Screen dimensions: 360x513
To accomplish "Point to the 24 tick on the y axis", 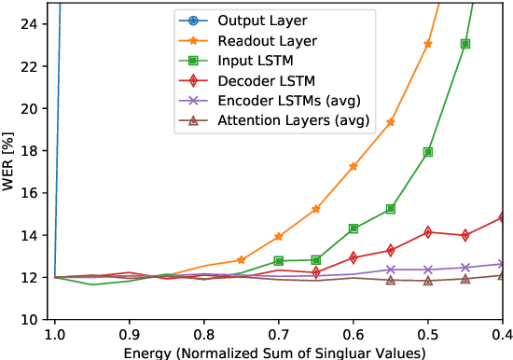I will click(x=29, y=24).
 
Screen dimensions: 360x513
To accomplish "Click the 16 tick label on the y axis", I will click(x=29, y=193).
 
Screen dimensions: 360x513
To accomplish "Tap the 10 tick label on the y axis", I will click(x=29, y=320).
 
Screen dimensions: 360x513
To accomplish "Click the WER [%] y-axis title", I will click(x=9, y=159).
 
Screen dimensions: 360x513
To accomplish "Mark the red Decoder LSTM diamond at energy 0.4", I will click(x=503, y=217).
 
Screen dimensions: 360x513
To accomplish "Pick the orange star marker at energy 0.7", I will click(x=279, y=237).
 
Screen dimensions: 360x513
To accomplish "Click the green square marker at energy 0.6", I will click(x=354, y=228).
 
